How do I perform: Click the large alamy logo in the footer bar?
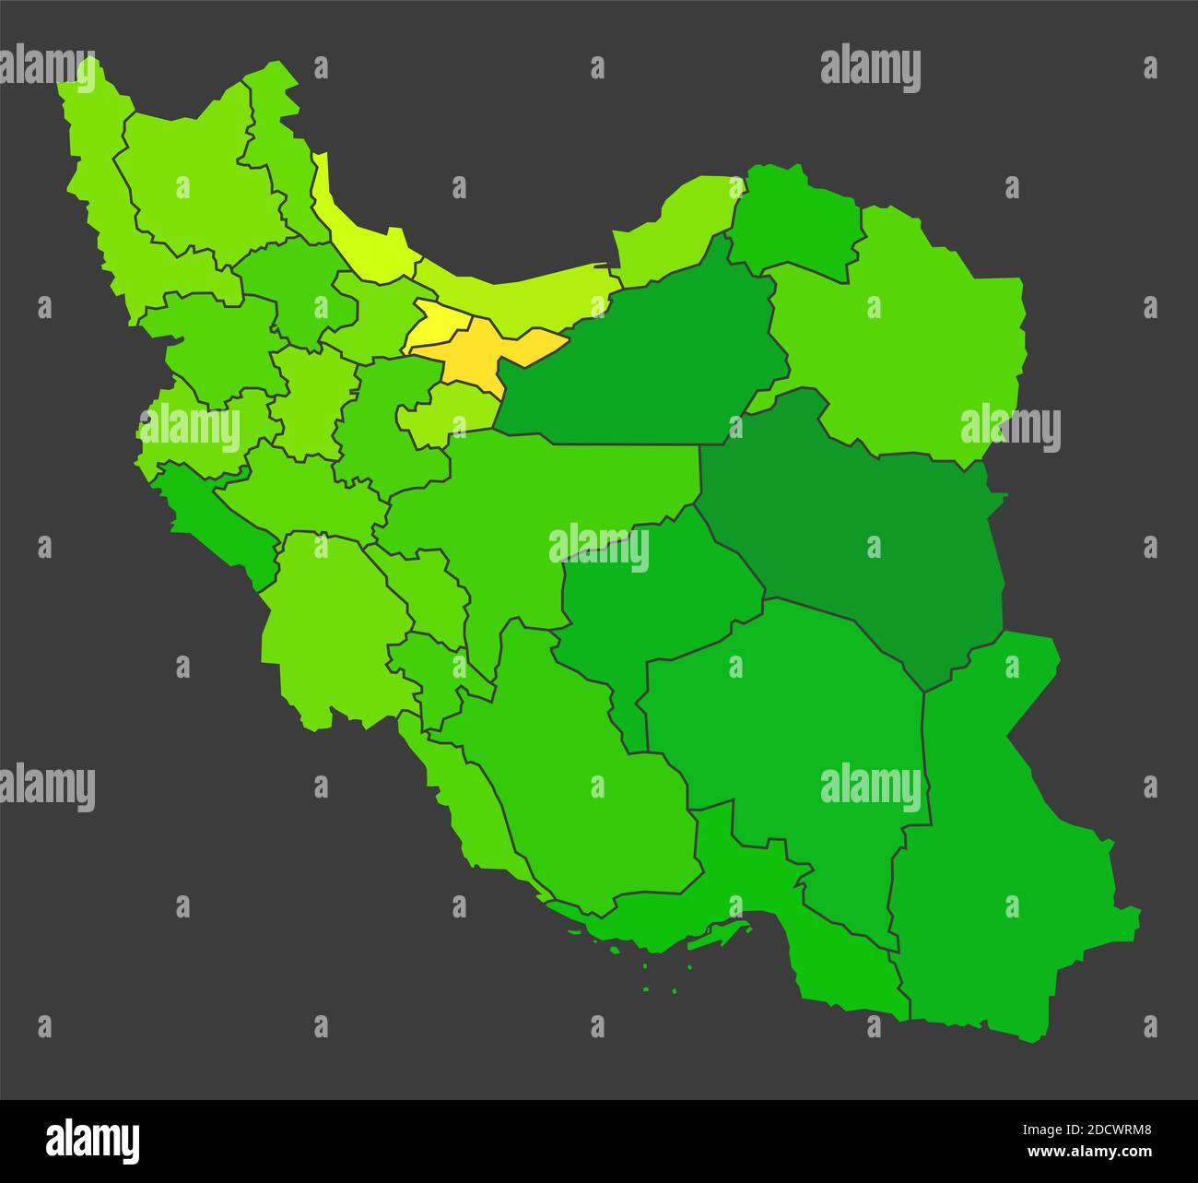click(x=93, y=1141)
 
